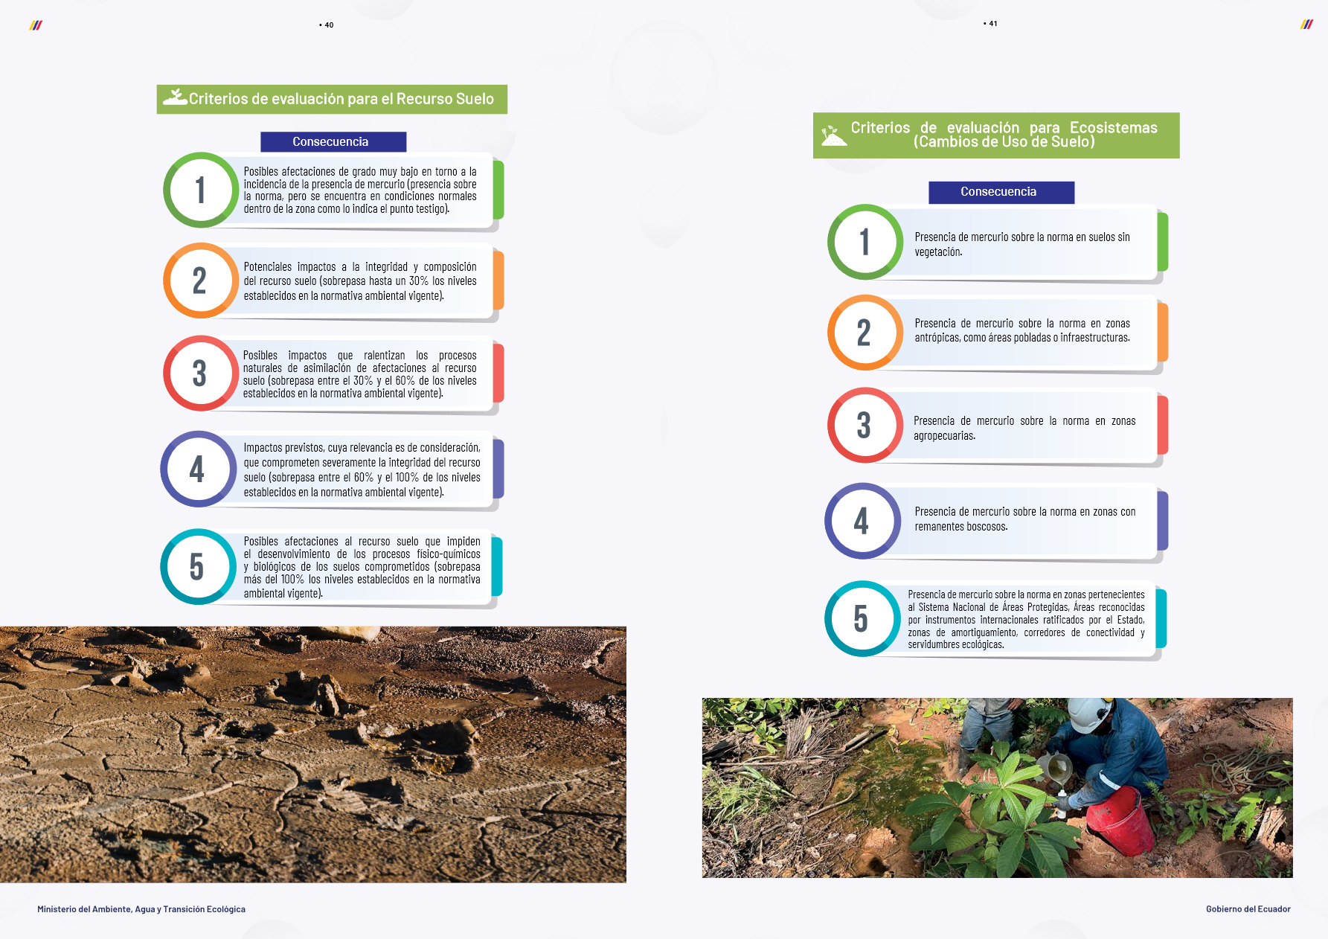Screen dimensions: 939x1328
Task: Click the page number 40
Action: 328,25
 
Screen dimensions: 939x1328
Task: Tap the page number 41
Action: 992,24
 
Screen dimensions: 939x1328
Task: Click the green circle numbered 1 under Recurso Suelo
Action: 200,190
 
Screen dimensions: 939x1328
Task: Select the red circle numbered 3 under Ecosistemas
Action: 864,425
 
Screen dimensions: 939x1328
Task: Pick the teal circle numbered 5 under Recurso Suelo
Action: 197,566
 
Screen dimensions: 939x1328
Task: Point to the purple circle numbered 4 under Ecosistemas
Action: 862,521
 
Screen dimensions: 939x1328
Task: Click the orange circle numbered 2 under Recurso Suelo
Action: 199,281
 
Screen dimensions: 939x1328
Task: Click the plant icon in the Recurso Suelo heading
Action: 176,97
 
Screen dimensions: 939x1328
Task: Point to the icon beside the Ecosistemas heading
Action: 833,135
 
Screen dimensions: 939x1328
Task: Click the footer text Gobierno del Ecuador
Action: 1248,909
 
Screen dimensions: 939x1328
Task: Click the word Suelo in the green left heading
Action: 475,99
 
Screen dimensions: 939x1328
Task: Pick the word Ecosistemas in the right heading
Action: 1113,128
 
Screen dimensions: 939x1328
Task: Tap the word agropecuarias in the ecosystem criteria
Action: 943,436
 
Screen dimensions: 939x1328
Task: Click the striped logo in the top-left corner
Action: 36,25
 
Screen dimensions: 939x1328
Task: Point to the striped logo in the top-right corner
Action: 1306,25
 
